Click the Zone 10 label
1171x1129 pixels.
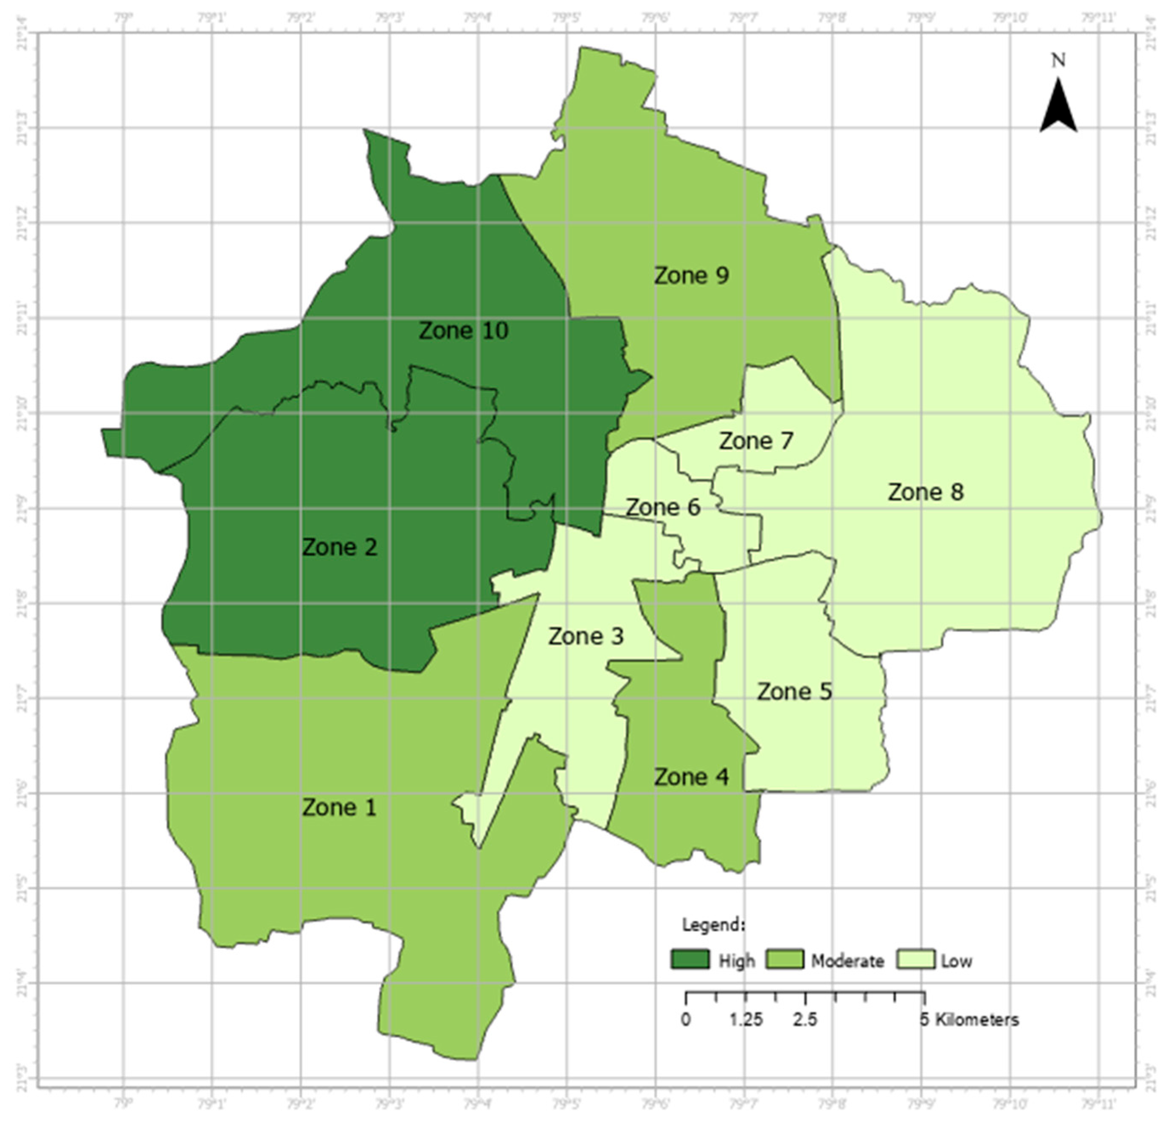pyautogui.click(x=463, y=331)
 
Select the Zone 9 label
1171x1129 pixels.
pyautogui.click(x=691, y=275)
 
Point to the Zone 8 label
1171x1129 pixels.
pyautogui.click(x=926, y=492)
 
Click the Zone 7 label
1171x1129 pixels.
pyautogui.click(x=756, y=441)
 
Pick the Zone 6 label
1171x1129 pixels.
pyautogui.click(x=663, y=507)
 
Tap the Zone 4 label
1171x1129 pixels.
pyautogui.click(x=691, y=777)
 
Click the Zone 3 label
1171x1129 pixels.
pyautogui.click(x=585, y=636)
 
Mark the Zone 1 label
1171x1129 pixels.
pyautogui.click(x=339, y=807)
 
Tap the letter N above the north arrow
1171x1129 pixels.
pyautogui.click(x=1058, y=60)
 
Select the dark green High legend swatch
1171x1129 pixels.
pyautogui.click(x=690, y=959)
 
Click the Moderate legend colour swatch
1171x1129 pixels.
pyautogui.click(x=785, y=959)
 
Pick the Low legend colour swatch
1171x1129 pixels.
pyautogui.click(x=915, y=959)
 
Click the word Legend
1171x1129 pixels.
pyautogui.click(x=713, y=925)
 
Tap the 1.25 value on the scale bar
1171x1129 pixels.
pyautogui.click(x=746, y=1020)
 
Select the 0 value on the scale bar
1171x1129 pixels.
pyautogui.click(x=686, y=1020)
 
